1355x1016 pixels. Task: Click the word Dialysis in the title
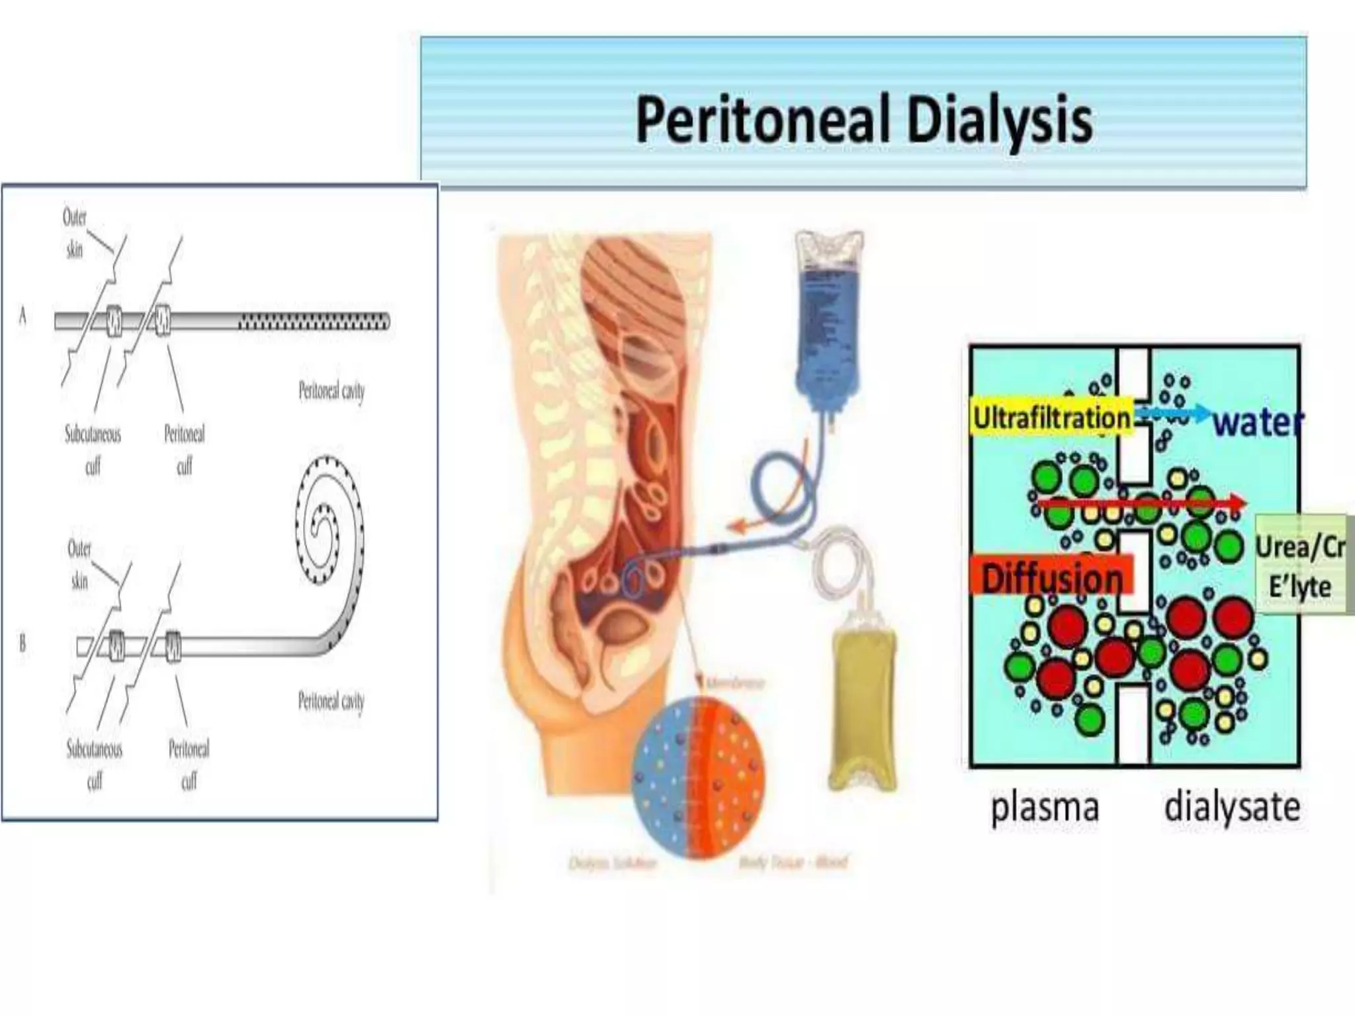click(999, 120)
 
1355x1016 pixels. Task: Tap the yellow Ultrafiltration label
click(1051, 418)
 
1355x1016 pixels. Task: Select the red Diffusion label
click(1051, 577)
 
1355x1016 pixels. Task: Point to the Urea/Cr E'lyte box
click(1300, 566)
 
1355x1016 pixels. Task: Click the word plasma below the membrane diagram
click(1045, 808)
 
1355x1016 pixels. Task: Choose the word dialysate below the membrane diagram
click(1232, 808)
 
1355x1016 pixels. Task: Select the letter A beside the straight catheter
click(23, 316)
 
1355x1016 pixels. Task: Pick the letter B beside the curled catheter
click(23, 643)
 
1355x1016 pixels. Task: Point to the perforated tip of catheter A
click(314, 322)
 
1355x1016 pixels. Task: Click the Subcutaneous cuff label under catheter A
click(93, 450)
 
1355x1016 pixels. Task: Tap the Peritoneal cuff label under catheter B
click(189, 765)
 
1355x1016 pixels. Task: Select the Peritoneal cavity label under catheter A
click(331, 392)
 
